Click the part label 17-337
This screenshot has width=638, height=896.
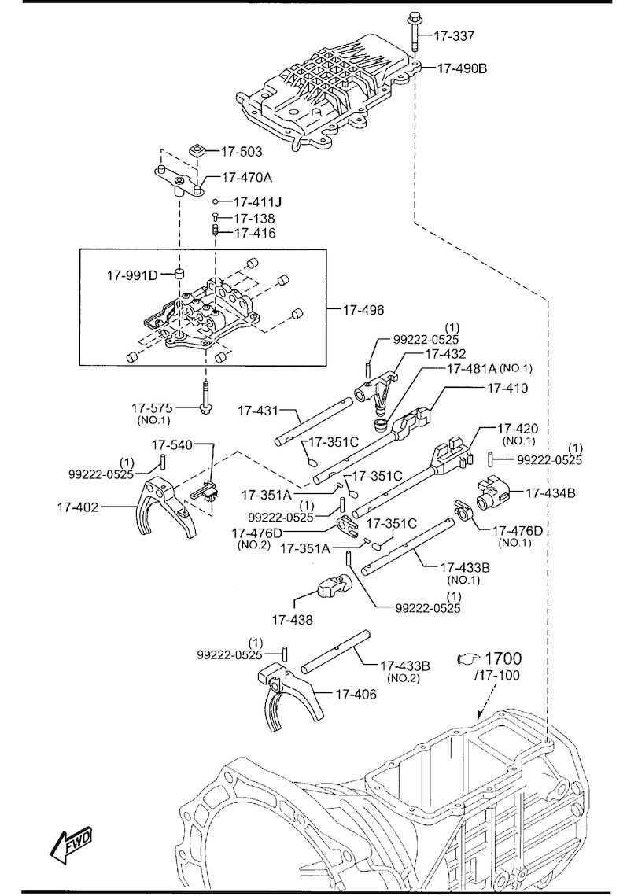(455, 35)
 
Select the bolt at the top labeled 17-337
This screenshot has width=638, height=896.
(414, 31)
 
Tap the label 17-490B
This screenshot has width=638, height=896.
(462, 68)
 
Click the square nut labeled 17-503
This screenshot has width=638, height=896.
(197, 150)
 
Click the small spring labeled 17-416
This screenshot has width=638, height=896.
(216, 232)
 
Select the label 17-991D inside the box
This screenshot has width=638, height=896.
(132, 275)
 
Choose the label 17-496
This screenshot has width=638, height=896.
(363, 310)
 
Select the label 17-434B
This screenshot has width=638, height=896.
(551, 493)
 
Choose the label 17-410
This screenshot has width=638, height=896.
(507, 388)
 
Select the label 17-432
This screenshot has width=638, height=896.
(445, 354)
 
